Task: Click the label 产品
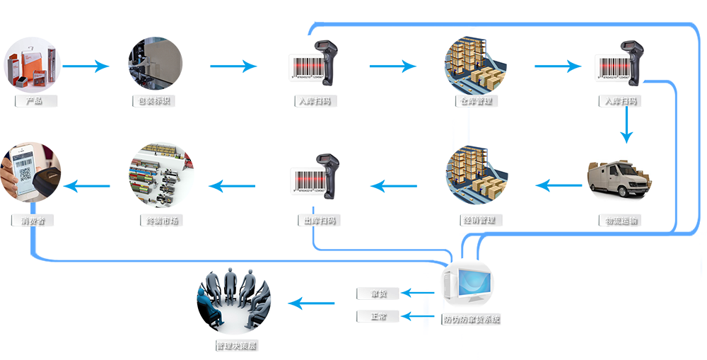34,101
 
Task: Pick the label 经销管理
479,220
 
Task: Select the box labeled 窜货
378,294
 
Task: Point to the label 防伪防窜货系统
472,320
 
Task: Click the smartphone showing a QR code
24,170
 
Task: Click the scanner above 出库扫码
329,170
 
